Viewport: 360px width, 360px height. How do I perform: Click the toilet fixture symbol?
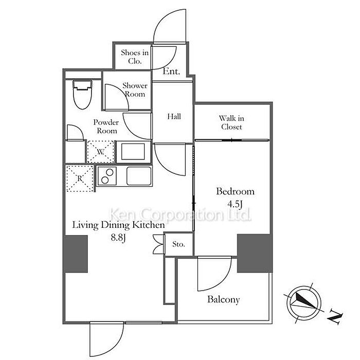[82, 94]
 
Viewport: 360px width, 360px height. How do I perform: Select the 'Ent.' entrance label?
[171, 72]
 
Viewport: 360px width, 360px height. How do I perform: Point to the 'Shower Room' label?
[135, 89]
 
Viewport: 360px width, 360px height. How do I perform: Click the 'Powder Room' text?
[105, 127]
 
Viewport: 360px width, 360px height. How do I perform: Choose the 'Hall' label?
[174, 117]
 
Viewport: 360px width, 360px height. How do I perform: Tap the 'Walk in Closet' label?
[231, 122]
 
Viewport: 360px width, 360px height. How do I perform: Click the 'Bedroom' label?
[235, 191]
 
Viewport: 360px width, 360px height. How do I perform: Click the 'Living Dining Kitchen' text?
[118, 225]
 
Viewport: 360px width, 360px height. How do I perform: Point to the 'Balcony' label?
[223, 299]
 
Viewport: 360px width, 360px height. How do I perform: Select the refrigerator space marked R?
[80, 178]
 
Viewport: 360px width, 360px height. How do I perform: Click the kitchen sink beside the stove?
[139, 176]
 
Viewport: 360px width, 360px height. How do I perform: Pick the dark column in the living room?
[75, 254]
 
